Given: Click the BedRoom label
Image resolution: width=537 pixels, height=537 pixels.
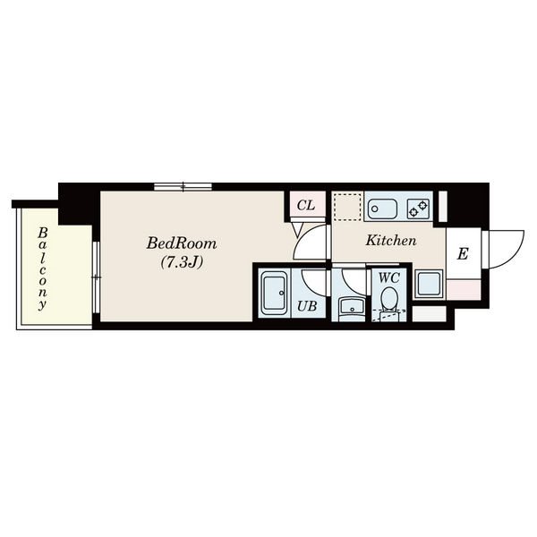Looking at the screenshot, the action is click(182, 243).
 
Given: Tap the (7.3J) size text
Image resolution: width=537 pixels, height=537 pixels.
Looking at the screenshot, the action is click(183, 262).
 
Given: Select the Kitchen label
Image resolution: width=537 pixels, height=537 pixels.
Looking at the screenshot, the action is click(391, 240).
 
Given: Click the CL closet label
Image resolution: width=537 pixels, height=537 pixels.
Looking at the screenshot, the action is click(306, 205).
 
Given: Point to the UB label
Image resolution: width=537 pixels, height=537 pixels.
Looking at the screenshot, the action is click(307, 306).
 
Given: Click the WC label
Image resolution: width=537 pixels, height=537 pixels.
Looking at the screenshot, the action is click(388, 277).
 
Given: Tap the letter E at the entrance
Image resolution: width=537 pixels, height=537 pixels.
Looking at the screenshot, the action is click(463, 254).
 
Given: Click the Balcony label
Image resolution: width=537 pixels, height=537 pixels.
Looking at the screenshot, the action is click(42, 269).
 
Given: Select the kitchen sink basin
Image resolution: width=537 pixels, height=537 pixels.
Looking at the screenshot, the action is click(382, 209).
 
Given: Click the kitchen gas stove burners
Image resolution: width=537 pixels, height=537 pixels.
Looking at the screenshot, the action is click(418, 209).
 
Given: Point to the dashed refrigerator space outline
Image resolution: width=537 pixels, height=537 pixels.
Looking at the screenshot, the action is click(347, 207).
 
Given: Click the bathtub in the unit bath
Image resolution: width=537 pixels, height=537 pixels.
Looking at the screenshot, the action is click(275, 293).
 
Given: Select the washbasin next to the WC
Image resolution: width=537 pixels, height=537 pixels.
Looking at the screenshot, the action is click(352, 307).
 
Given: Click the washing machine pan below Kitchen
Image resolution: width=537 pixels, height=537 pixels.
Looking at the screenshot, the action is click(429, 284).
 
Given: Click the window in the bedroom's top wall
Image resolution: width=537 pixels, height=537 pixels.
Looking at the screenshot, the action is click(183, 187).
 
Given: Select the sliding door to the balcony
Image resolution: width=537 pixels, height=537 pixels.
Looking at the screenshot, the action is click(97, 277).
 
